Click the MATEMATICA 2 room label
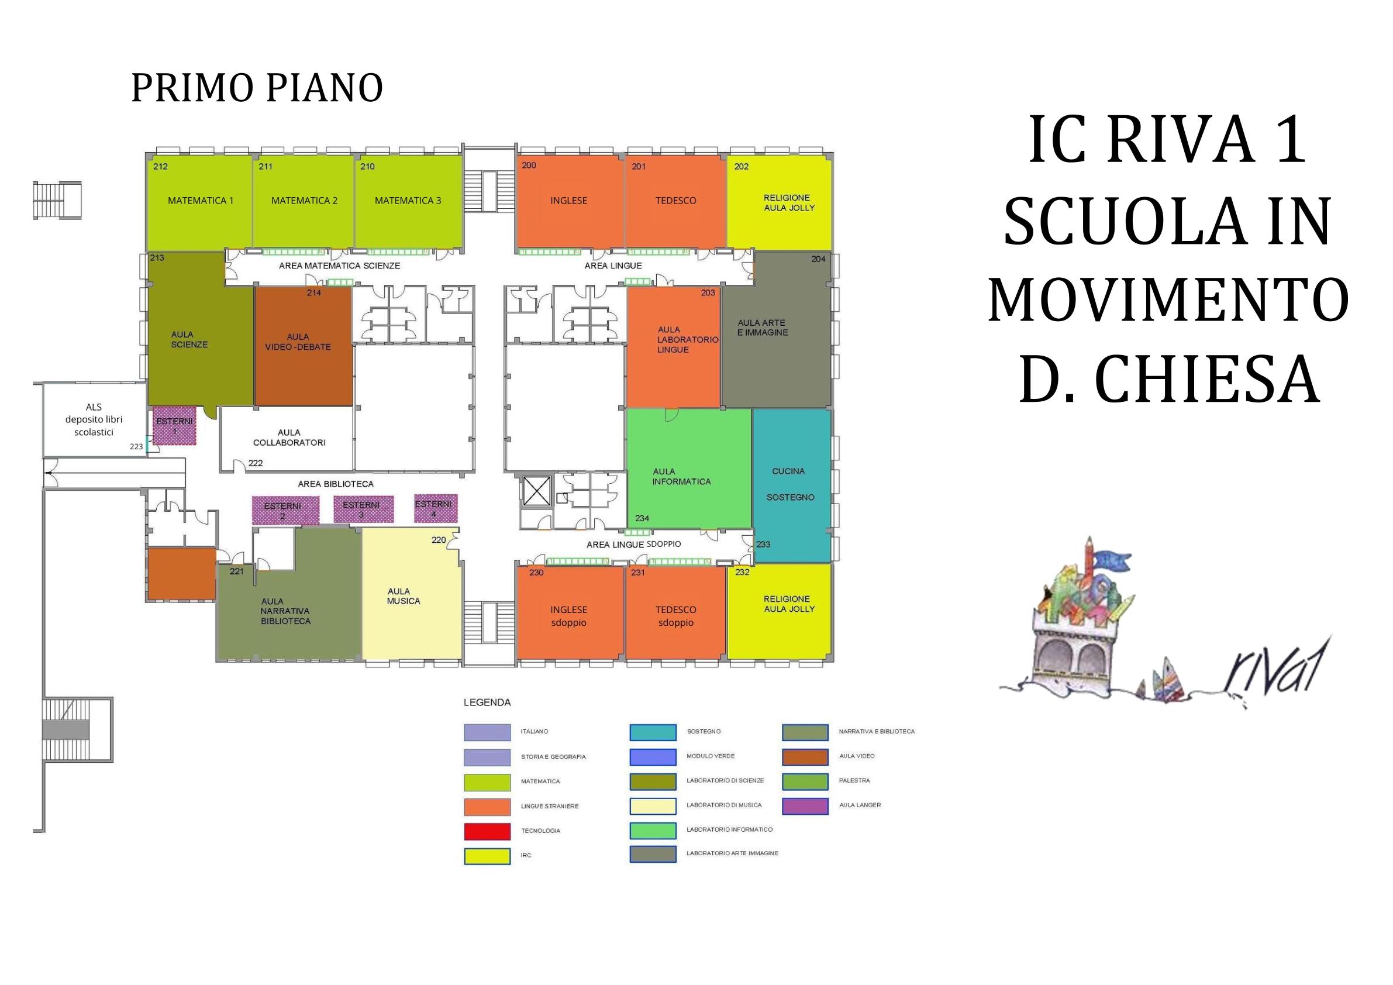[x=304, y=200]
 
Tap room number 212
[x=160, y=166]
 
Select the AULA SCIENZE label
[x=189, y=339]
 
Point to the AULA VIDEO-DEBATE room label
[x=298, y=342]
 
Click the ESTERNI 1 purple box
[x=175, y=425]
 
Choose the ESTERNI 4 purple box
[x=435, y=508]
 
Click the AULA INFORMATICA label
[x=681, y=477]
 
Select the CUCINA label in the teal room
[x=788, y=471]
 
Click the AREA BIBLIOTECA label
[x=336, y=484]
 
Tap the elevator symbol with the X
[x=536, y=491]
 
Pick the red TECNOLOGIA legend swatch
[x=487, y=830]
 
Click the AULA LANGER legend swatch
[x=805, y=805]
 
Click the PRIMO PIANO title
[x=257, y=87]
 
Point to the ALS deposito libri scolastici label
[x=94, y=419]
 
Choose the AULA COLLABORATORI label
[x=289, y=438]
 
